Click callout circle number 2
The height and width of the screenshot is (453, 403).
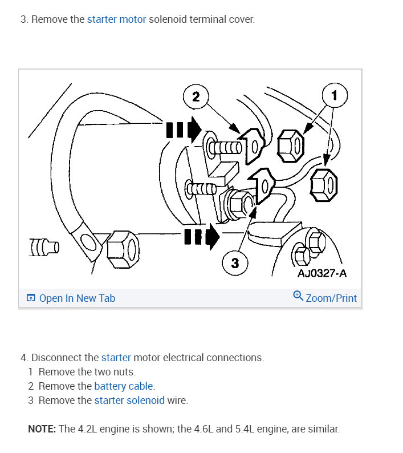click(x=196, y=96)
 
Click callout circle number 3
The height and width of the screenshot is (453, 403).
click(x=235, y=264)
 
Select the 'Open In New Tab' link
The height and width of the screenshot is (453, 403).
click(x=77, y=298)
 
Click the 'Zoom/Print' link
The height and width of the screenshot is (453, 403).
click(x=331, y=298)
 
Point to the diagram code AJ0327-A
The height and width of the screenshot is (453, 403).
click(x=322, y=273)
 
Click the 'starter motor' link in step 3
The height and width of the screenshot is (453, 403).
click(x=116, y=19)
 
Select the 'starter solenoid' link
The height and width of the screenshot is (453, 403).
click(x=129, y=401)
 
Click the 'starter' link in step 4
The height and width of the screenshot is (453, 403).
click(x=116, y=358)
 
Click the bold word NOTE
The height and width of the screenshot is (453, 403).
click(x=41, y=429)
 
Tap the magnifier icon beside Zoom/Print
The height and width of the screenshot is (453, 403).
click(x=298, y=296)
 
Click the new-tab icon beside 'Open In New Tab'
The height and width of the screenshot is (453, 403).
click(x=31, y=298)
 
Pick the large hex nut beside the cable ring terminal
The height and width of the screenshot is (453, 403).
click(x=121, y=246)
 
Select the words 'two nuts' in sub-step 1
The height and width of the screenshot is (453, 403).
click(x=116, y=372)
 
